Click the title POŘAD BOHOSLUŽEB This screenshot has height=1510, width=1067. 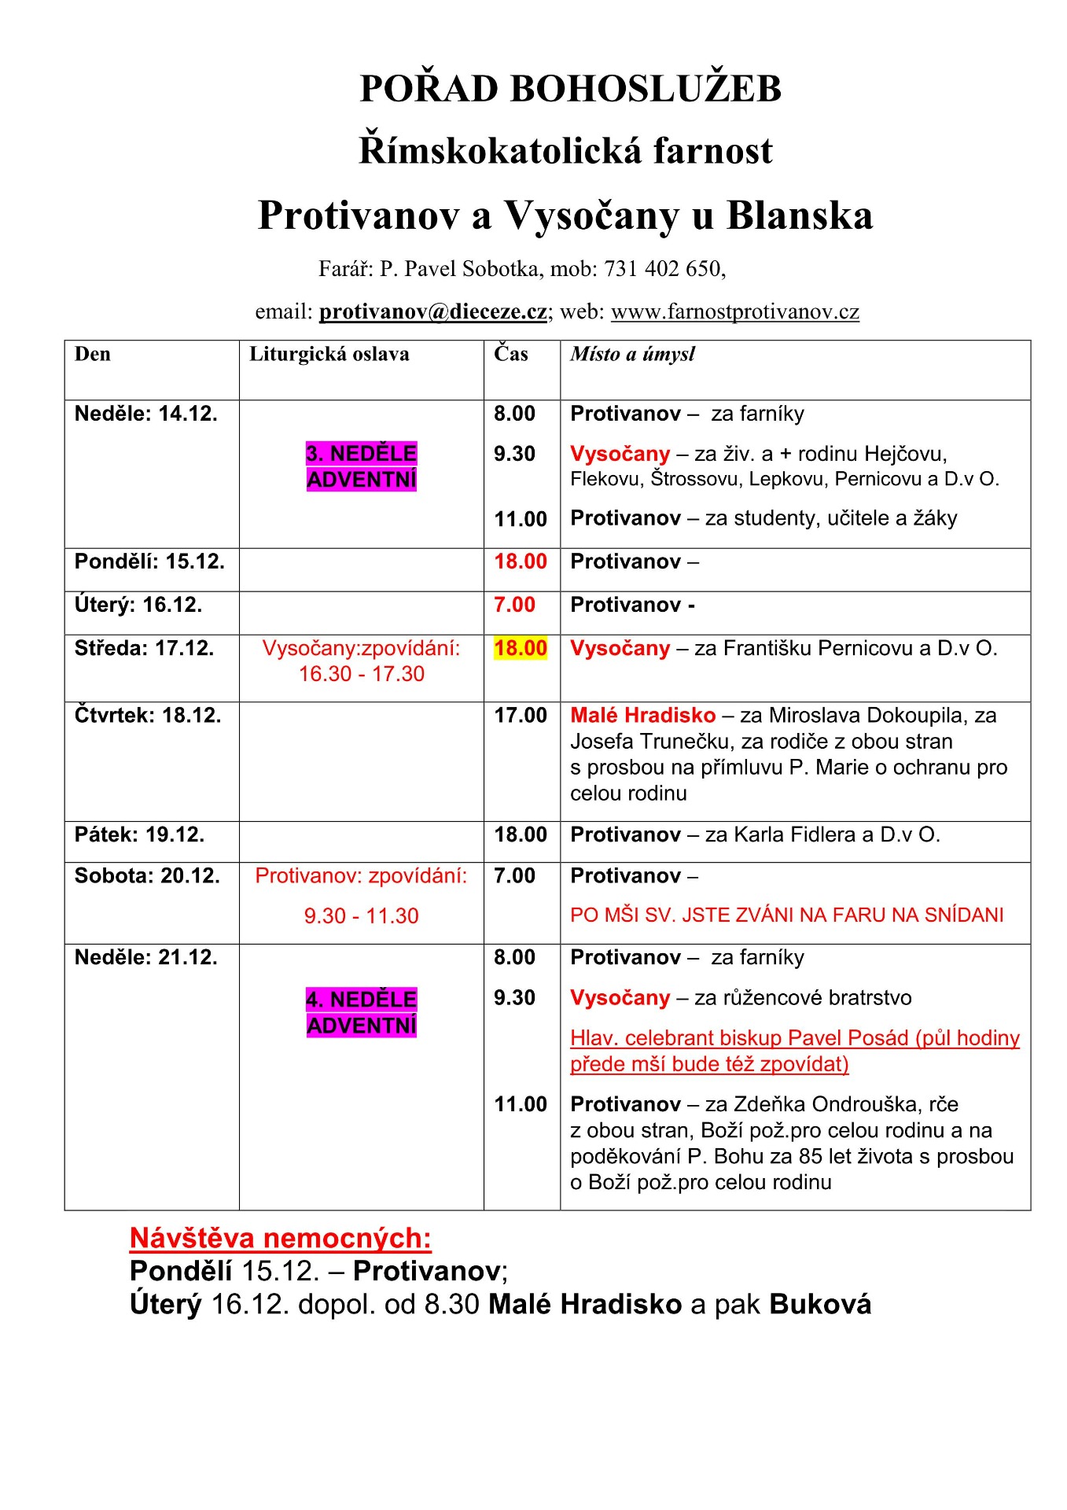(x=570, y=88)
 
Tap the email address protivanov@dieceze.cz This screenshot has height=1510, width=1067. (x=432, y=311)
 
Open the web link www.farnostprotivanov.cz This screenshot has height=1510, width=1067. (x=734, y=311)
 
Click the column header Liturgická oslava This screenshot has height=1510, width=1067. (x=329, y=354)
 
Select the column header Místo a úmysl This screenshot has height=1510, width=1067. (x=632, y=354)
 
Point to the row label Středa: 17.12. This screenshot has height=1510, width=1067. (x=144, y=648)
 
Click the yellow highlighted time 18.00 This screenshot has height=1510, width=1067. (x=520, y=648)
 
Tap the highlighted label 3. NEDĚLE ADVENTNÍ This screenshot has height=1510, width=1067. (x=361, y=466)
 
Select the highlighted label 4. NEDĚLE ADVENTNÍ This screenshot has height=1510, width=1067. (x=361, y=1012)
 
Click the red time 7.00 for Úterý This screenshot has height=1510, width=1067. (x=514, y=605)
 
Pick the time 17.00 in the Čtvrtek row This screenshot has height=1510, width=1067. (x=520, y=715)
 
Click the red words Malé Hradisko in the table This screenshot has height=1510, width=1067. (x=642, y=715)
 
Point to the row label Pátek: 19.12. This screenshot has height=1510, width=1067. (x=139, y=834)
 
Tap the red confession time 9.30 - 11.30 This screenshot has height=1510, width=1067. (x=361, y=915)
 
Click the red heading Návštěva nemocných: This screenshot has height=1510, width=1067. (x=280, y=1238)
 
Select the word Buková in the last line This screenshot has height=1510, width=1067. (x=820, y=1304)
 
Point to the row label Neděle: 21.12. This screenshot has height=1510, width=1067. (x=145, y=957)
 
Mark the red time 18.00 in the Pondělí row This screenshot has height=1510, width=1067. (x=520, y=562)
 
